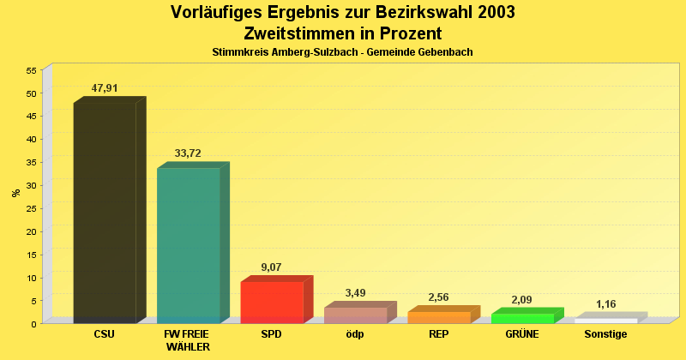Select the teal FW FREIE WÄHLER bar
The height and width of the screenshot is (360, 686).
(188, 245)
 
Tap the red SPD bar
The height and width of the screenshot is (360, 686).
(272, 302)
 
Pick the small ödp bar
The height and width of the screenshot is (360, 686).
(355, 315)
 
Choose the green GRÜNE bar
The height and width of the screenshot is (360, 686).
(522, 318)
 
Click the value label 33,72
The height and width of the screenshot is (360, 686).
(188, 153)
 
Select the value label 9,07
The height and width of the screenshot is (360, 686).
(272, 267)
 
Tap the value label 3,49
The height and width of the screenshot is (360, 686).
(355, 293)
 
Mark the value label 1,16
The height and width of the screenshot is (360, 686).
(606, 304)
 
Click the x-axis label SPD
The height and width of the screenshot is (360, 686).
(271, 334)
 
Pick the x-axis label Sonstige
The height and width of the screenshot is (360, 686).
(605, 334)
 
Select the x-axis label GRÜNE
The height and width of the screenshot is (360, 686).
(522, 334)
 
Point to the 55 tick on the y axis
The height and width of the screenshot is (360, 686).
(31, 70)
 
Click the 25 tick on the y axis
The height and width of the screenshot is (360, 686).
(31, 208)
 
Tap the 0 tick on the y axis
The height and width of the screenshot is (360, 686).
(33, 324)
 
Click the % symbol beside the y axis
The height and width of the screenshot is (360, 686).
(16, 193)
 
